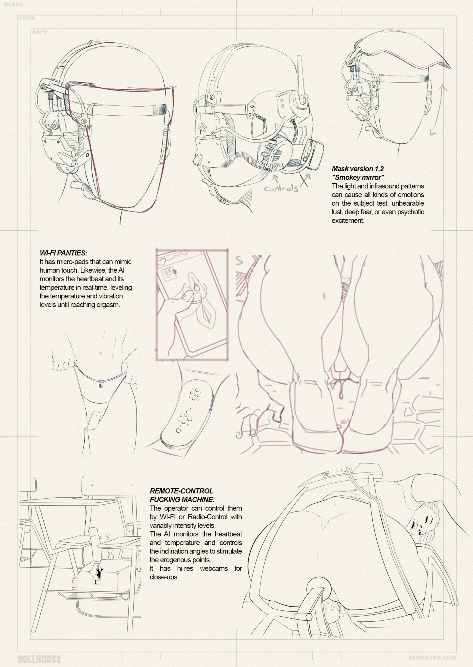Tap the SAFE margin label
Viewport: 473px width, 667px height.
click(40, 32)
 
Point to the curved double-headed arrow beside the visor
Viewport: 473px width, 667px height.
click(438, 109)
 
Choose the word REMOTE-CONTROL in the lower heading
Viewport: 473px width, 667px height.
click(181, 491)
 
